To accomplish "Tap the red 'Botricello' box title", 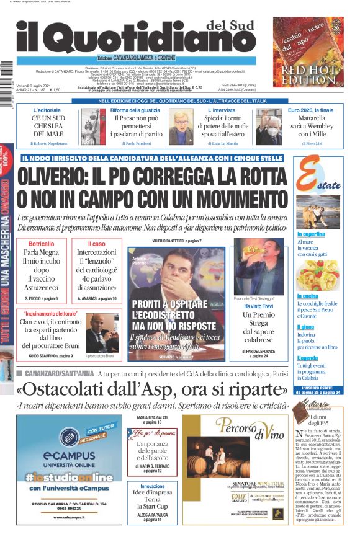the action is click(42, 244).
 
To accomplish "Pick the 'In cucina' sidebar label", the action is click(308, 296).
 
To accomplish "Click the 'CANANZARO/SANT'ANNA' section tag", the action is click(61, 373).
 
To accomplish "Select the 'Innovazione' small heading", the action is click(153, 487).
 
